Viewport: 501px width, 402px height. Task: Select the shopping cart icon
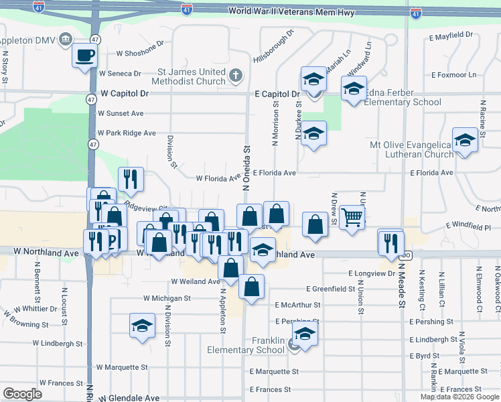(x=352, y=216)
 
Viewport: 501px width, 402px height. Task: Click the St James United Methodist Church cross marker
(x=236, y=76)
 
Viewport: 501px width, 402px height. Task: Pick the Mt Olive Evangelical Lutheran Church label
(x=412, y=149)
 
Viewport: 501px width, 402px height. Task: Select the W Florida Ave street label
(x=218, y=178)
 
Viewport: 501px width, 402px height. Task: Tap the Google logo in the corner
(x=22, y=393)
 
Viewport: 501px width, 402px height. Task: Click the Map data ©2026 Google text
(x=459, y=397)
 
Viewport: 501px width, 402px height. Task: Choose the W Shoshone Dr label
(x=140, y=53)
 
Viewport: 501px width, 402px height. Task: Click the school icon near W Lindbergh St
(x=142, y=325)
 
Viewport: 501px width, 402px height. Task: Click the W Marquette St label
(x=121, y=367)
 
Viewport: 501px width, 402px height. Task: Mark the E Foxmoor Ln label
(x=454, y=75)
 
